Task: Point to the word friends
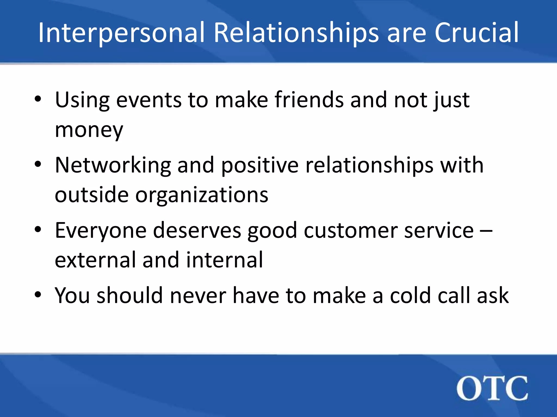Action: pos(309,100)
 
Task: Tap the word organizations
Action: pos(202,195)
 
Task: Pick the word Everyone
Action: pos(101,230)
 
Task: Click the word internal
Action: pos(225,260)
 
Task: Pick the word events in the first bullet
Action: pos(149,100)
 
